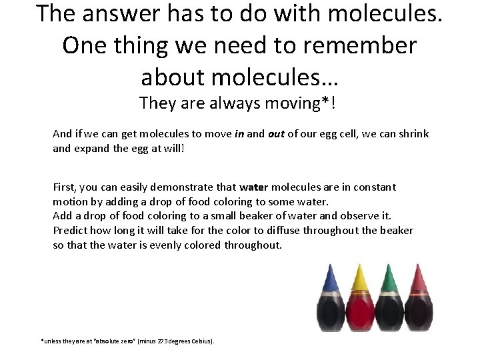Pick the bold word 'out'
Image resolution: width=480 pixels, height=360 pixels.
[x=276, y=134]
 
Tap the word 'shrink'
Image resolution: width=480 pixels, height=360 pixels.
[x=413, y=134]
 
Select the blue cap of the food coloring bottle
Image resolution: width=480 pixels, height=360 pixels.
[x=329, y=279]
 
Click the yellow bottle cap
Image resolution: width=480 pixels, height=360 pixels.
[x=360, y=279]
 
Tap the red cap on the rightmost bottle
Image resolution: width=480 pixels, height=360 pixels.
[x=419, y=279]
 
